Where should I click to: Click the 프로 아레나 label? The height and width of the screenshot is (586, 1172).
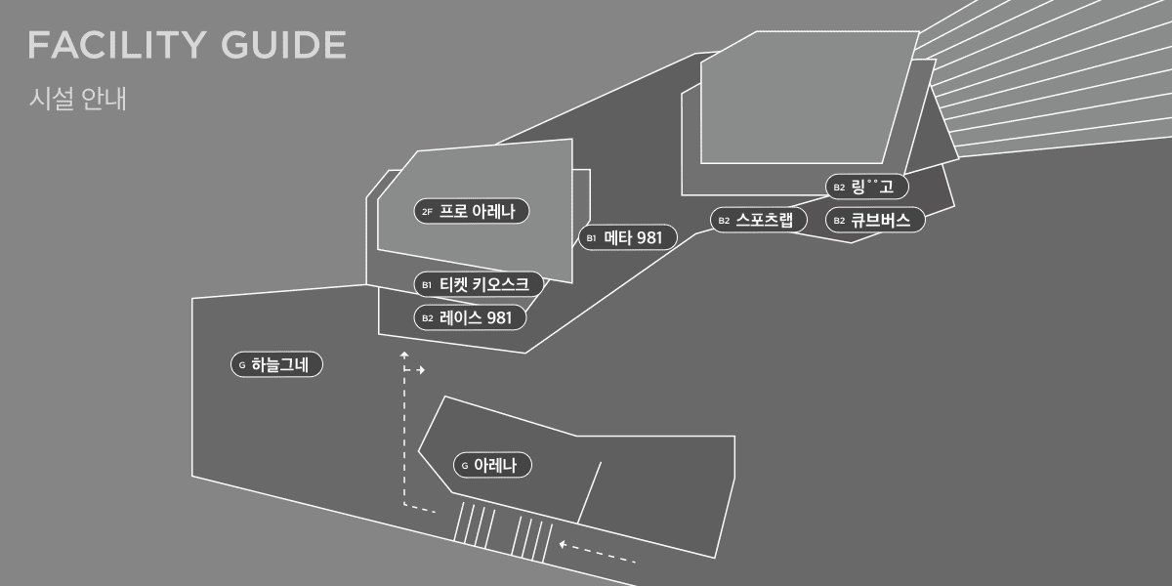tap(472, 211)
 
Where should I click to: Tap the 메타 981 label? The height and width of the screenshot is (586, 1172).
tap(628, 237)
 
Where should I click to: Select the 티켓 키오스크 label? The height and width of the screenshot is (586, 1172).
tap(479, 284)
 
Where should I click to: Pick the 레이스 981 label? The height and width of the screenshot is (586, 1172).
tap(470, 317)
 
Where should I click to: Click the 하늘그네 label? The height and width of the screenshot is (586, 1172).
tap(276, 364)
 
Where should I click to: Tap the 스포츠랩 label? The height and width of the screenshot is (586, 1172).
tap(759, 220)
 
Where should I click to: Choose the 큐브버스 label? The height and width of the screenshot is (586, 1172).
tap(875, 220)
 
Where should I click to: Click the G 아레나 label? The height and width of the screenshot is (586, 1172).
tap(492, 465)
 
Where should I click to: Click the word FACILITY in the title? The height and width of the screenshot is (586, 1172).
tap(116, 45)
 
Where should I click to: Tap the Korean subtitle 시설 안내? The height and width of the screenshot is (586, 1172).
tap(77, 99)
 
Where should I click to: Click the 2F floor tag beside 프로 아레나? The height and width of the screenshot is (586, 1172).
tap(428, 212)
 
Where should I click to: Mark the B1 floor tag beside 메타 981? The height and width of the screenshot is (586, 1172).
tap(591, 238)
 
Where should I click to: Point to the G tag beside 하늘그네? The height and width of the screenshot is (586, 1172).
tap(242, 364)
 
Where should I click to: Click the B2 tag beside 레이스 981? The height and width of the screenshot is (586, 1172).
tap(428, 318)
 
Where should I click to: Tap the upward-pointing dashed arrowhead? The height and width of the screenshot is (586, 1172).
tap(404, 355)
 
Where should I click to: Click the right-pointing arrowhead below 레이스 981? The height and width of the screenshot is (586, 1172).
tap(421, 370)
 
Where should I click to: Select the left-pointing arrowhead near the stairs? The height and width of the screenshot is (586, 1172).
tap(563, 545)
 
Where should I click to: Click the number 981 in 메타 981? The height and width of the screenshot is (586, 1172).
tap(649, 238)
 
